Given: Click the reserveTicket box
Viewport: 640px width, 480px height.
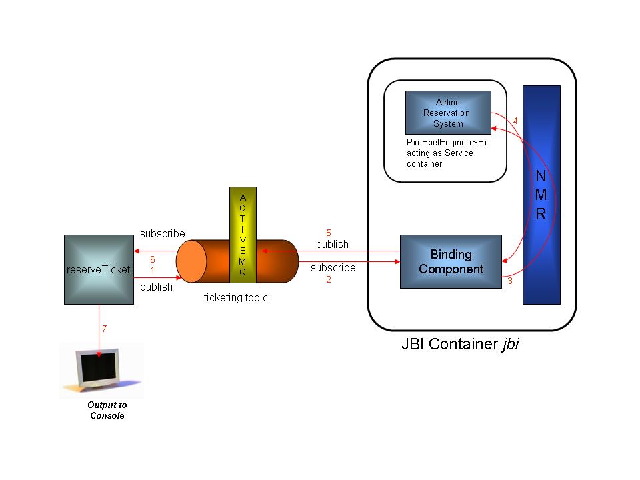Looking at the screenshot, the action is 99,269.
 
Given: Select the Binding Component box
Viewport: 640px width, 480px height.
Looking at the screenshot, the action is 451,261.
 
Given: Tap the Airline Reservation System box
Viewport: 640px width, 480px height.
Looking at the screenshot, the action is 448,113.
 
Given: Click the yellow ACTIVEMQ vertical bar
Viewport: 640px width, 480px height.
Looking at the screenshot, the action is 243,235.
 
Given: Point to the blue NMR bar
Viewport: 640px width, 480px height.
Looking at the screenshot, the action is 541,195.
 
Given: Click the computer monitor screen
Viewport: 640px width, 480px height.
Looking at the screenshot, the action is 98,366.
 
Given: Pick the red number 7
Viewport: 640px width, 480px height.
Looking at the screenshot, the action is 105,329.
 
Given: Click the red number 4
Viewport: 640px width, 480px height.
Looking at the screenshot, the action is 515,121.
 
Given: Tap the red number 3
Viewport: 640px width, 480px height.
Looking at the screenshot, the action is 510,281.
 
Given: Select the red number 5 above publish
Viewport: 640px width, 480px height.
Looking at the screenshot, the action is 329,233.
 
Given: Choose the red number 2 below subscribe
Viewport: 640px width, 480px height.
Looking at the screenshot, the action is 329,279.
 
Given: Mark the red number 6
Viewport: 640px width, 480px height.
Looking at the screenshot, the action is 152,259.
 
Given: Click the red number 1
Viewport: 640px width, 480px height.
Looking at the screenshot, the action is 152,270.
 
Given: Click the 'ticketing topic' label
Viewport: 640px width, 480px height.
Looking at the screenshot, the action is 235,297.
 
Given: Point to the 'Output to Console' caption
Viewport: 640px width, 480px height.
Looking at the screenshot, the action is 107,410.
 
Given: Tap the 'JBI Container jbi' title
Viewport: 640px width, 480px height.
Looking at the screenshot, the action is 460,344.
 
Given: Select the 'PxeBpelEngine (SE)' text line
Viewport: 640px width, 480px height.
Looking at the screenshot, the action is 447,143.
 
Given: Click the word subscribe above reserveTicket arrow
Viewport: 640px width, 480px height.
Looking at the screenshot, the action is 163,233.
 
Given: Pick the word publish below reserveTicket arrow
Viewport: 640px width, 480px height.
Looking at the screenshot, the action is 156,287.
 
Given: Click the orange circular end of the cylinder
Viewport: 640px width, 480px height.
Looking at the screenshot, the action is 191,261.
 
